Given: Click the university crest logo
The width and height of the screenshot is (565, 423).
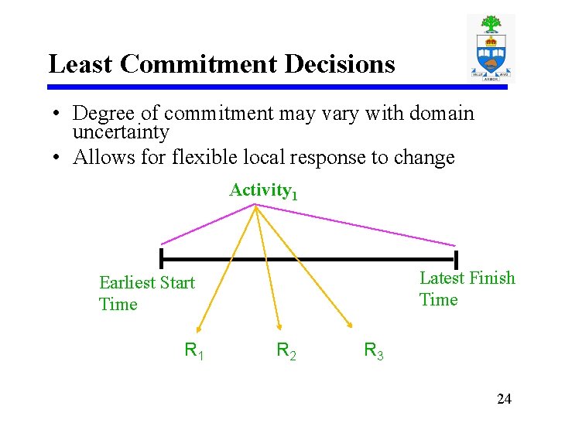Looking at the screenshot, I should tap(491, 47).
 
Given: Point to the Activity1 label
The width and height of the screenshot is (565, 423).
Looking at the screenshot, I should tap(263, 191).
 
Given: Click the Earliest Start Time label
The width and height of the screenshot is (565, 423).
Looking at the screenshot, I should tap(147, 293).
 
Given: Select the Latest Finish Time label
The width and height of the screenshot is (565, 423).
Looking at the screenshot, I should tap(467, 288).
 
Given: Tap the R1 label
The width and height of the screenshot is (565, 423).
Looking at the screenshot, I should tap(194, 351).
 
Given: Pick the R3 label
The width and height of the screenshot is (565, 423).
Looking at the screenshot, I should tap(374, 353).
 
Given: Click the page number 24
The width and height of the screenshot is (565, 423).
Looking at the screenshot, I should tap(504, 399).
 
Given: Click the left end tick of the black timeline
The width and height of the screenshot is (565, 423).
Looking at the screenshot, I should tap(161, 258).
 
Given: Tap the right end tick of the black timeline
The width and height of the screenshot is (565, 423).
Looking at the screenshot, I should tap(456, 260).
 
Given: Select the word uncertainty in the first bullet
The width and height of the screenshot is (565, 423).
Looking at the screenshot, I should tap(120, 132).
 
